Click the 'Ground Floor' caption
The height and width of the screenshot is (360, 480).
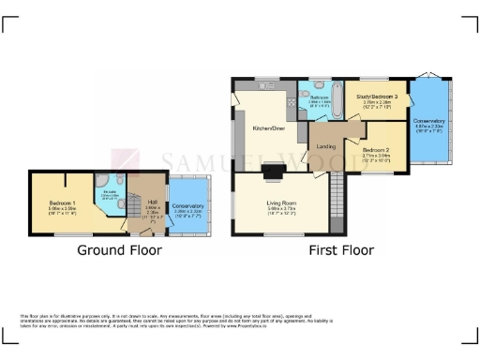click(119, 250)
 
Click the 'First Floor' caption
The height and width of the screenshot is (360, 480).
click(341, 250)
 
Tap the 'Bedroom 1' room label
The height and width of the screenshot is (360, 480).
click(63, 200)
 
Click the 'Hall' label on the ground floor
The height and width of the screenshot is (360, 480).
click(151, 201)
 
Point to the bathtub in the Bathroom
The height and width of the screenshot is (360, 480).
click(312, 110)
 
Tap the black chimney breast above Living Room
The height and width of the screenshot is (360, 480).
click(274, 170)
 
